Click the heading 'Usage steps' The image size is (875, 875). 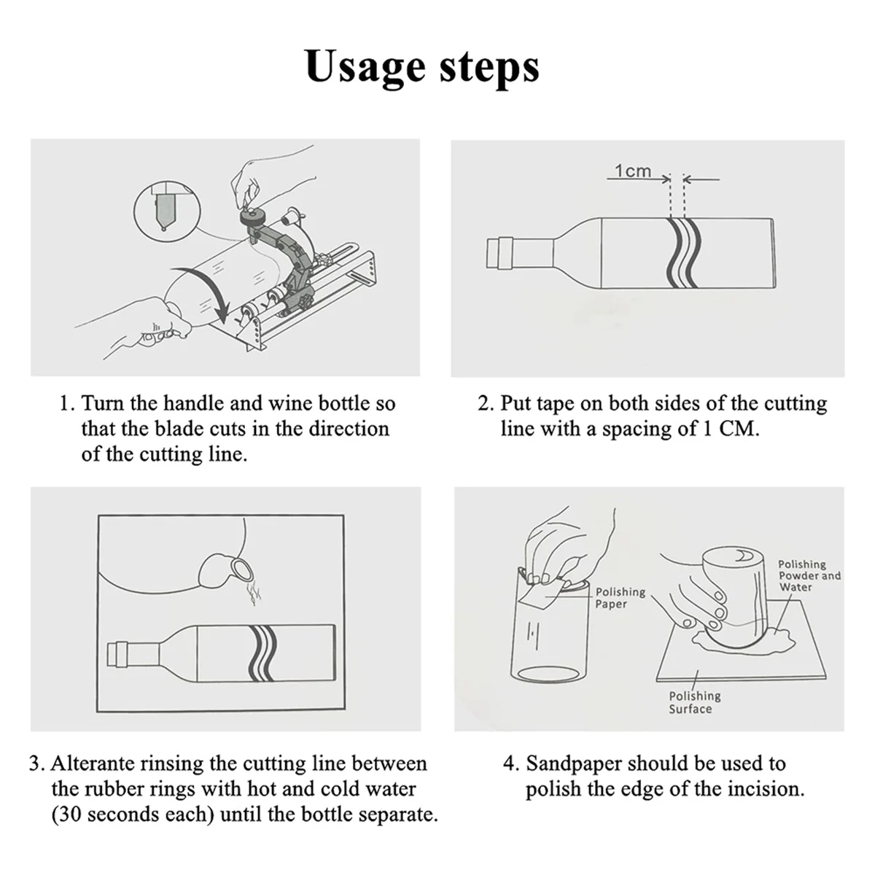coord(422,66)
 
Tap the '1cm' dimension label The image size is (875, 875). coord(632,171)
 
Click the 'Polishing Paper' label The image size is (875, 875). coord(620,597)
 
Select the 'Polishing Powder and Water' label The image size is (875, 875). coord(809,575)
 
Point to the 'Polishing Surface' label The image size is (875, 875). coord(694,702)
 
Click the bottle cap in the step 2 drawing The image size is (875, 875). coord(499,253)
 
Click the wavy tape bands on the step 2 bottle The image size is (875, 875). coord(682,252)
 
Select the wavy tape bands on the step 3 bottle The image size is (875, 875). coord(263,652)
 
